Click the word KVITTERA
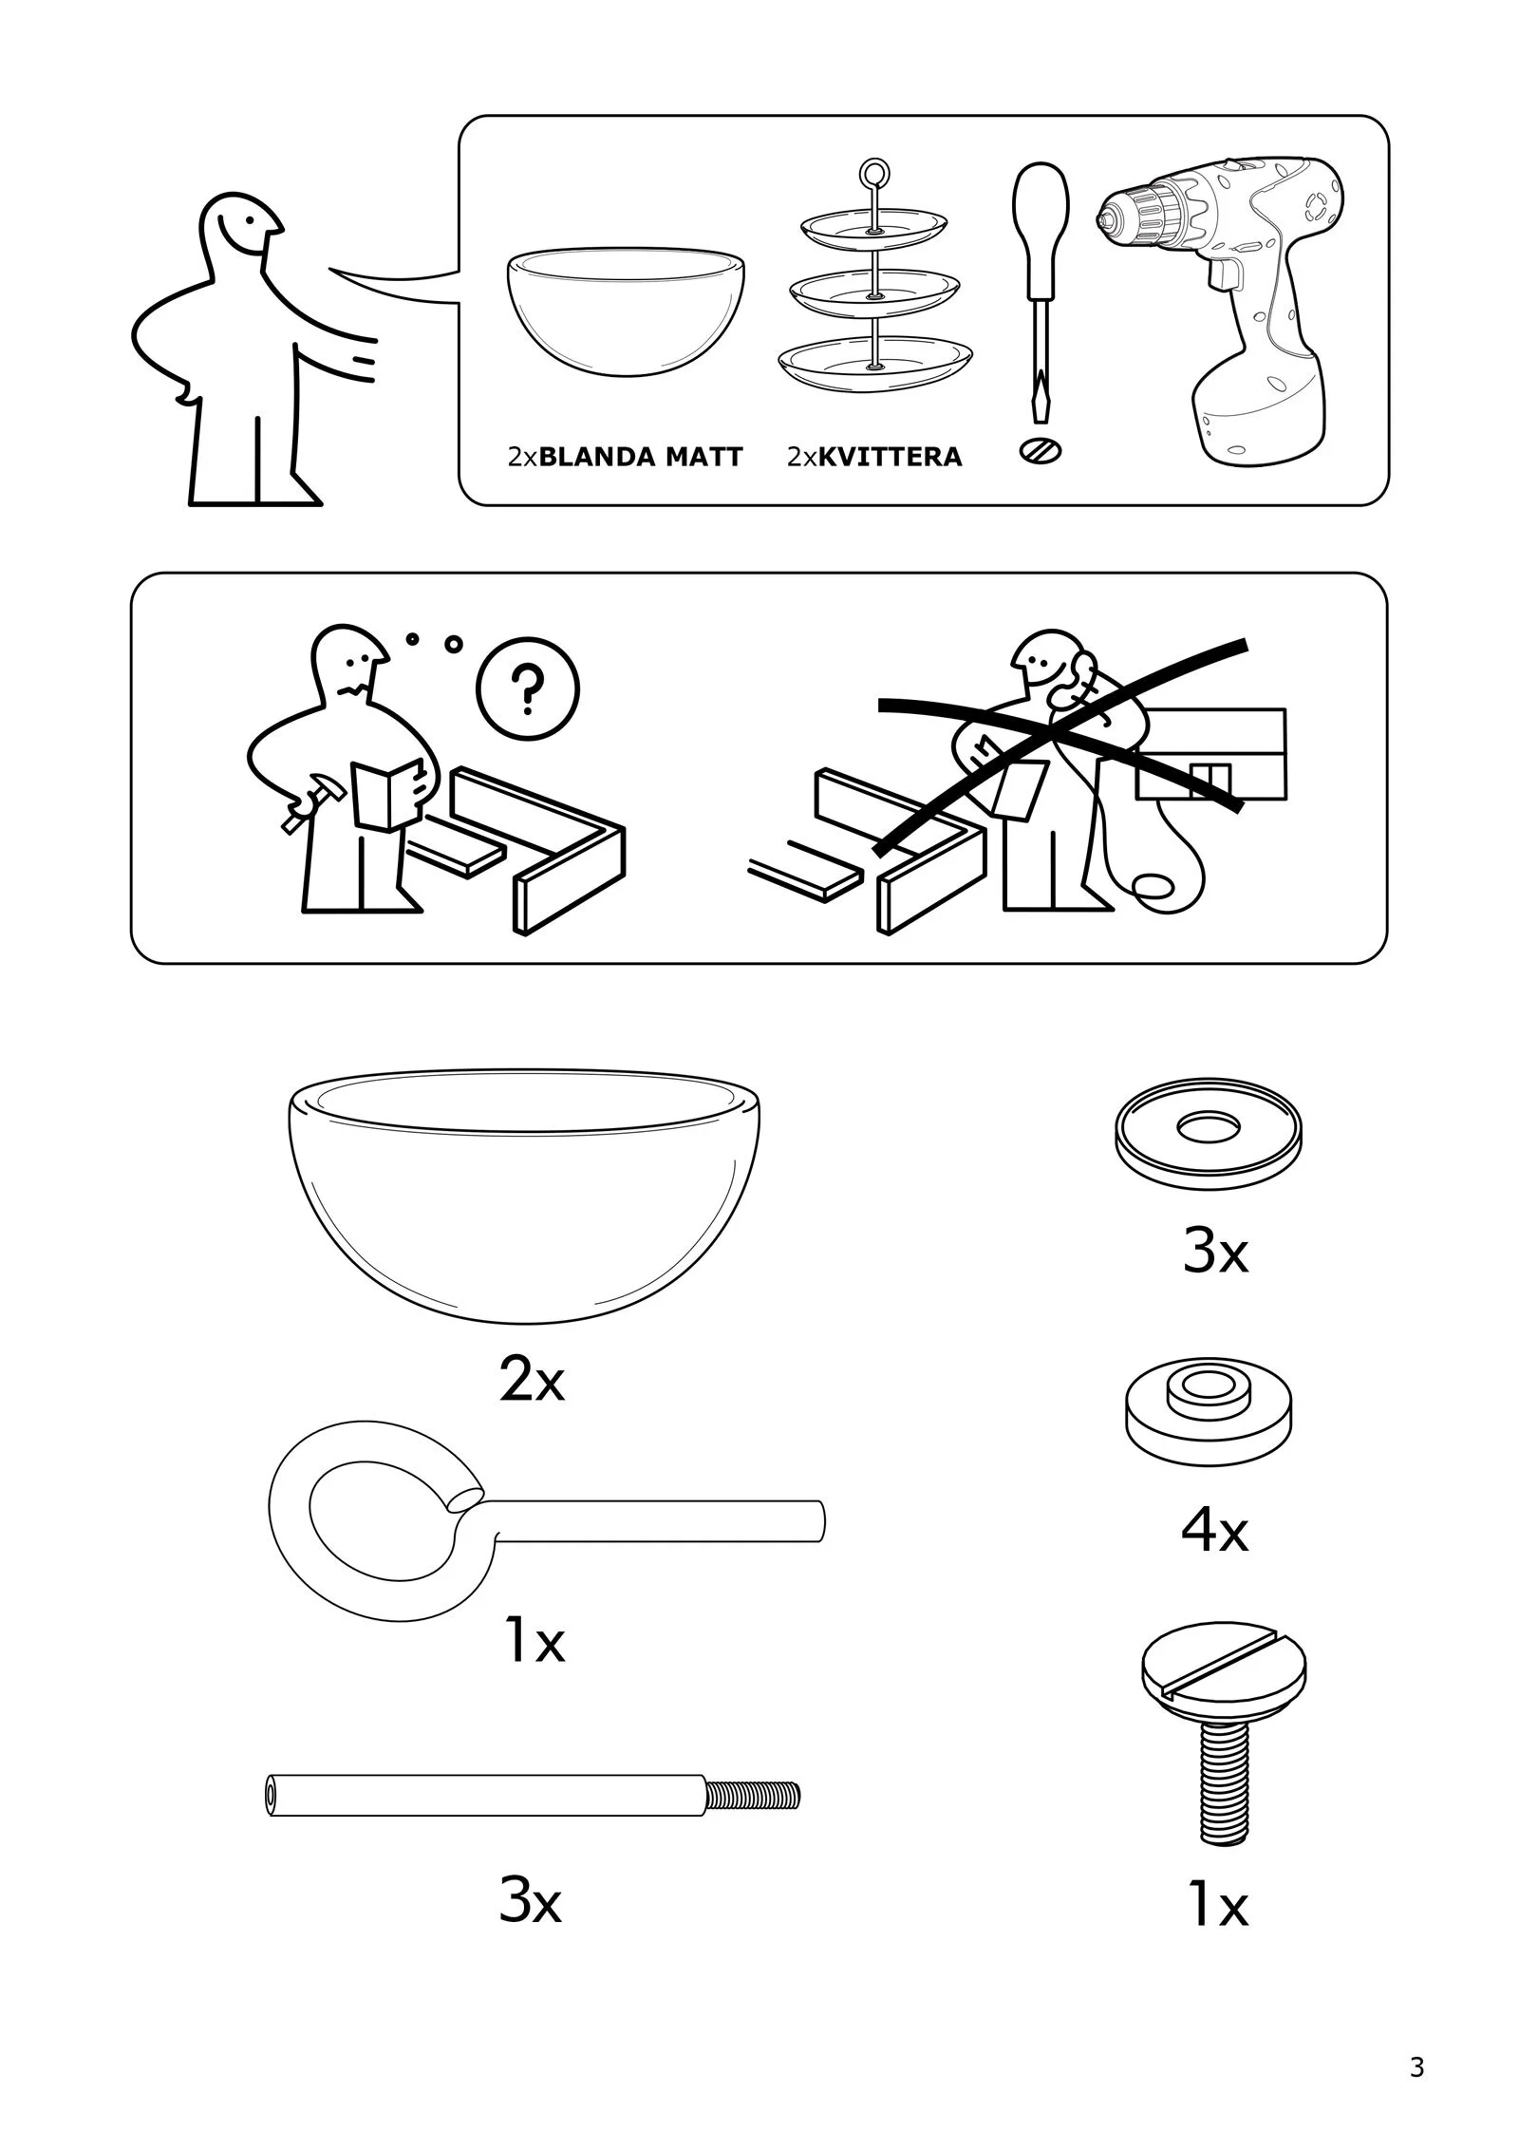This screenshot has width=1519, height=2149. [x=890, y=457]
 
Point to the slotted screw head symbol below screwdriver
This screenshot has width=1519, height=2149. [x=1040, y=450]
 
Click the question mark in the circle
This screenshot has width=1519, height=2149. [x=527, y=689]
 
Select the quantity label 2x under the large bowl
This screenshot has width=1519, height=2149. [x=531, y=1384]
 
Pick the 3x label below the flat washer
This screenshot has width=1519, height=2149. [x=1214, y=1254]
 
